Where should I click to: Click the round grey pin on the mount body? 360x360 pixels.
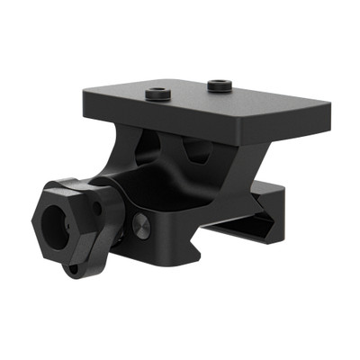tap(141, 225)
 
